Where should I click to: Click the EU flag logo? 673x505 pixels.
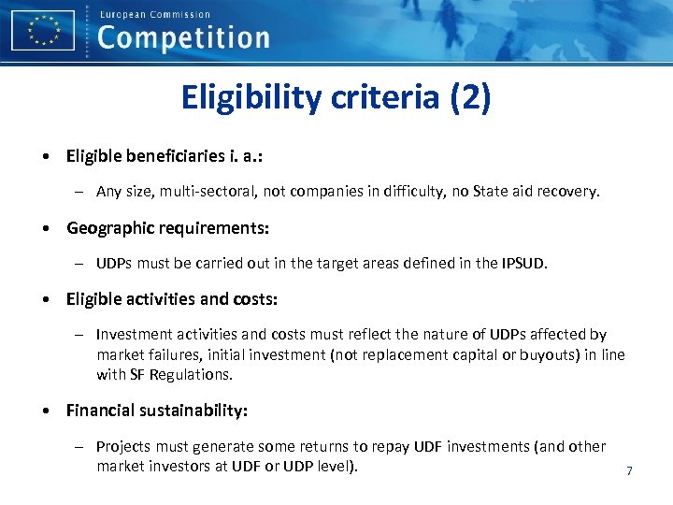point(42,30)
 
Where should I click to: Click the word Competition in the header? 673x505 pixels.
point(183,38)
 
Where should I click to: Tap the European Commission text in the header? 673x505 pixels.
point(154,14)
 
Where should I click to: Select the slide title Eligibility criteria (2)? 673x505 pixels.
point(336,97)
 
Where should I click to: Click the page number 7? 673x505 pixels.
point(629,471)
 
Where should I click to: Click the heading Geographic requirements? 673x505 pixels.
point(167,227)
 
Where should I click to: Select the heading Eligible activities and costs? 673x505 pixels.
point(172,299)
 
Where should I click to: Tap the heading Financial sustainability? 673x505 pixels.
point(155,410)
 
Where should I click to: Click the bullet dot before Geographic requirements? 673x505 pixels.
point(46,228)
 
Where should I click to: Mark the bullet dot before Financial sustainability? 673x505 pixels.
point(46,411)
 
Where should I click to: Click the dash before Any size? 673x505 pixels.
point(81,192)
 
